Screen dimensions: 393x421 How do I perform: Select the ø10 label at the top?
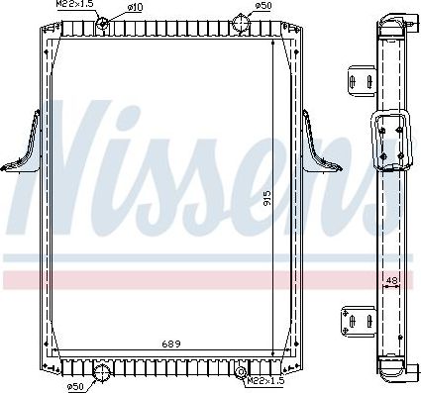[134, 7]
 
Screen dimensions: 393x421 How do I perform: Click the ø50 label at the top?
[263, 6]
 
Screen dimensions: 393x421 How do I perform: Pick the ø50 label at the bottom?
[74, 385]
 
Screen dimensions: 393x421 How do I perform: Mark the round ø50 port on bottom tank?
[100, 372]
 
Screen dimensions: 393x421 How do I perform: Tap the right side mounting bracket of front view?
[320, 149]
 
